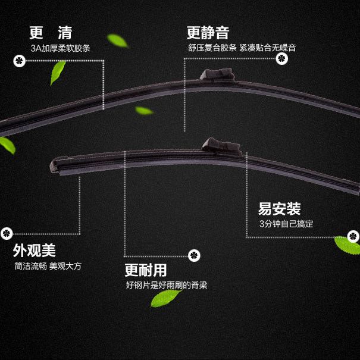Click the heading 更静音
[x=208, y=32]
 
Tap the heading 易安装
[x=279, y=209]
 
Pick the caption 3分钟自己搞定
[x=286, y=224]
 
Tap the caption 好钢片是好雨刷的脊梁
[x=167, y=285]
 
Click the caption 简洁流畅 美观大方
[x=48, y=266]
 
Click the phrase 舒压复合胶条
[x=212, y=48]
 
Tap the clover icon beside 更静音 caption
[x=282, y=59]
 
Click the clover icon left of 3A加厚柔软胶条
[x=18, y=60]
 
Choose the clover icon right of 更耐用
[x=194, y=255]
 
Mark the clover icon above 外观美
[x=7, y=233]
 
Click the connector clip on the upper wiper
[x=217, y=75]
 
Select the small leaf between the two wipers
[x=143, y=111]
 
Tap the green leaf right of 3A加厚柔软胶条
[x=117, y=40]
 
